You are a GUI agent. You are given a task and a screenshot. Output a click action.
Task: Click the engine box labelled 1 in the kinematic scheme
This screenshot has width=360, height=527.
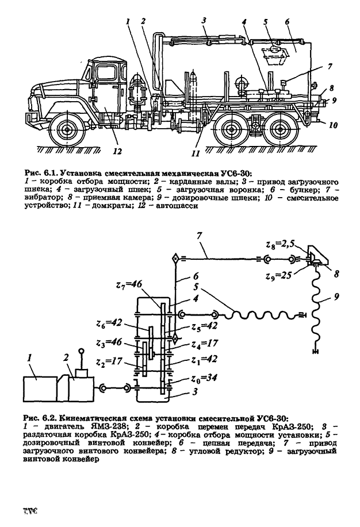pyautogui.click(x=40, y=390)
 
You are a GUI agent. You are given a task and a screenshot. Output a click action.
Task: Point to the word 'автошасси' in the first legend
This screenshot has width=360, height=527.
pyautogui.click(x=179, y=207)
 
